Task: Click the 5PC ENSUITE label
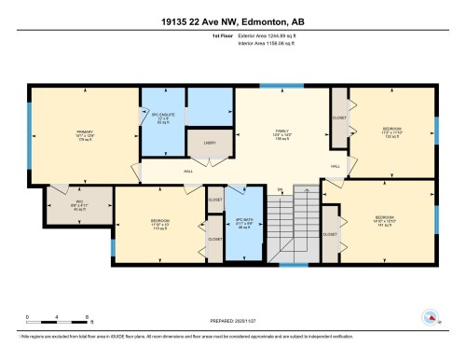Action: pos(164,118)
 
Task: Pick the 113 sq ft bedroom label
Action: pos(159,224)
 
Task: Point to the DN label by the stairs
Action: pos(278,190)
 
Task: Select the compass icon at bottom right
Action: pos(432,318)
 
